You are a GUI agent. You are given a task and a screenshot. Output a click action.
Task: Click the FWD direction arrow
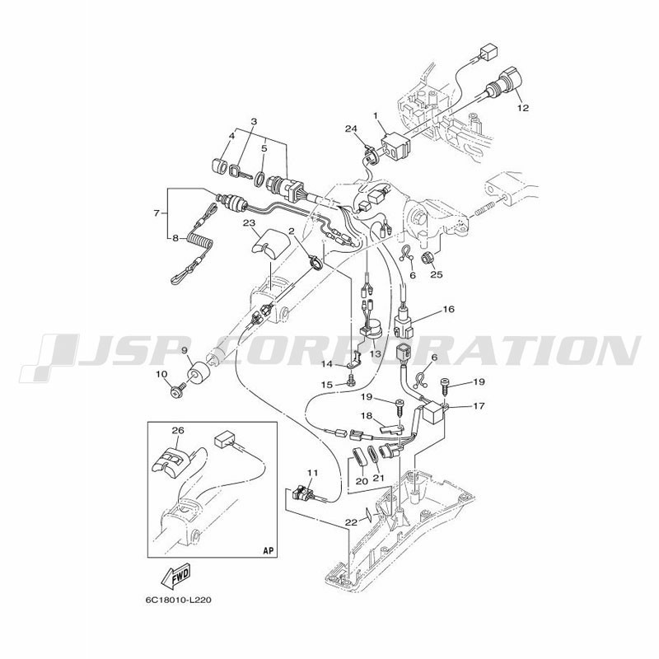coord(176,575)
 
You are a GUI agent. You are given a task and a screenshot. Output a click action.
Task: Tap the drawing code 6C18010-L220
coord(178,600)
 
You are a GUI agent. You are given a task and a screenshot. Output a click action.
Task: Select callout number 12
coord(523,108)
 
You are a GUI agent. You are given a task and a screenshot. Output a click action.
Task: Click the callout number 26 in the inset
coord(178,430)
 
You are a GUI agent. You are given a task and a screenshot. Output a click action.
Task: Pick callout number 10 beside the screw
coord(161,374)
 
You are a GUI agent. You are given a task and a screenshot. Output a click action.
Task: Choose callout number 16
coord(449,310)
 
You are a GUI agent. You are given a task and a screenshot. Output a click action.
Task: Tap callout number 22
coord(351,522)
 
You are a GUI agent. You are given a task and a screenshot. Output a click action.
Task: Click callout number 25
coord(437,274)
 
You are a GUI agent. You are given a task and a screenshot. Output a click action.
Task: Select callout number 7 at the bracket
coord(157,213)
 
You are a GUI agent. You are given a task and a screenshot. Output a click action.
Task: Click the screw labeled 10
coord(177,390)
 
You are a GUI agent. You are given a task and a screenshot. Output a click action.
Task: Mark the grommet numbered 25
coord(426,258)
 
